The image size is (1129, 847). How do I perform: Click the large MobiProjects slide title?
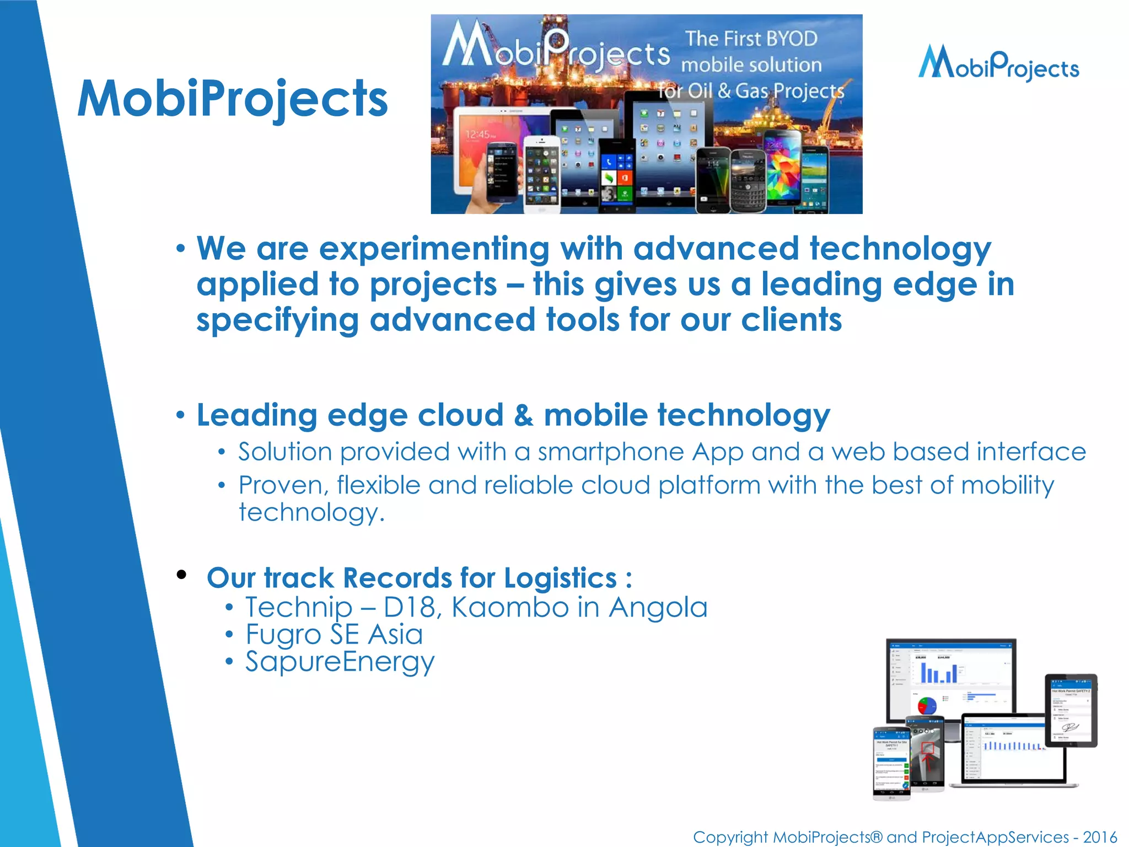[x=232, y=99]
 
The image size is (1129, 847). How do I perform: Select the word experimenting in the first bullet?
[x=434, y=249]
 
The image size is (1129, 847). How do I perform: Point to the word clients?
[x=791, y=320]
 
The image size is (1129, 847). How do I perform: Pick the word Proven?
[x=283, y=486]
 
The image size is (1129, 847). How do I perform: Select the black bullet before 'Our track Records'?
[x=181, y=575]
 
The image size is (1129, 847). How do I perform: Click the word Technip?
[x=298, y=608]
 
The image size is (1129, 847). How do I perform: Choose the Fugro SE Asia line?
[x=334, y=635]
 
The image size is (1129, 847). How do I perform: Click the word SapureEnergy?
[x=340, y=662]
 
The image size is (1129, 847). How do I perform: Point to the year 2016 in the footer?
[x=1099, y=837]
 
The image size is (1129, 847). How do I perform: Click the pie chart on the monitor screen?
[x=927, y=705]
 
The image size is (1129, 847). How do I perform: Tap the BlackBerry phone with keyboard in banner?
[x=748, y=181]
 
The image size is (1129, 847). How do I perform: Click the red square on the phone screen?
[x=928, y=748]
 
